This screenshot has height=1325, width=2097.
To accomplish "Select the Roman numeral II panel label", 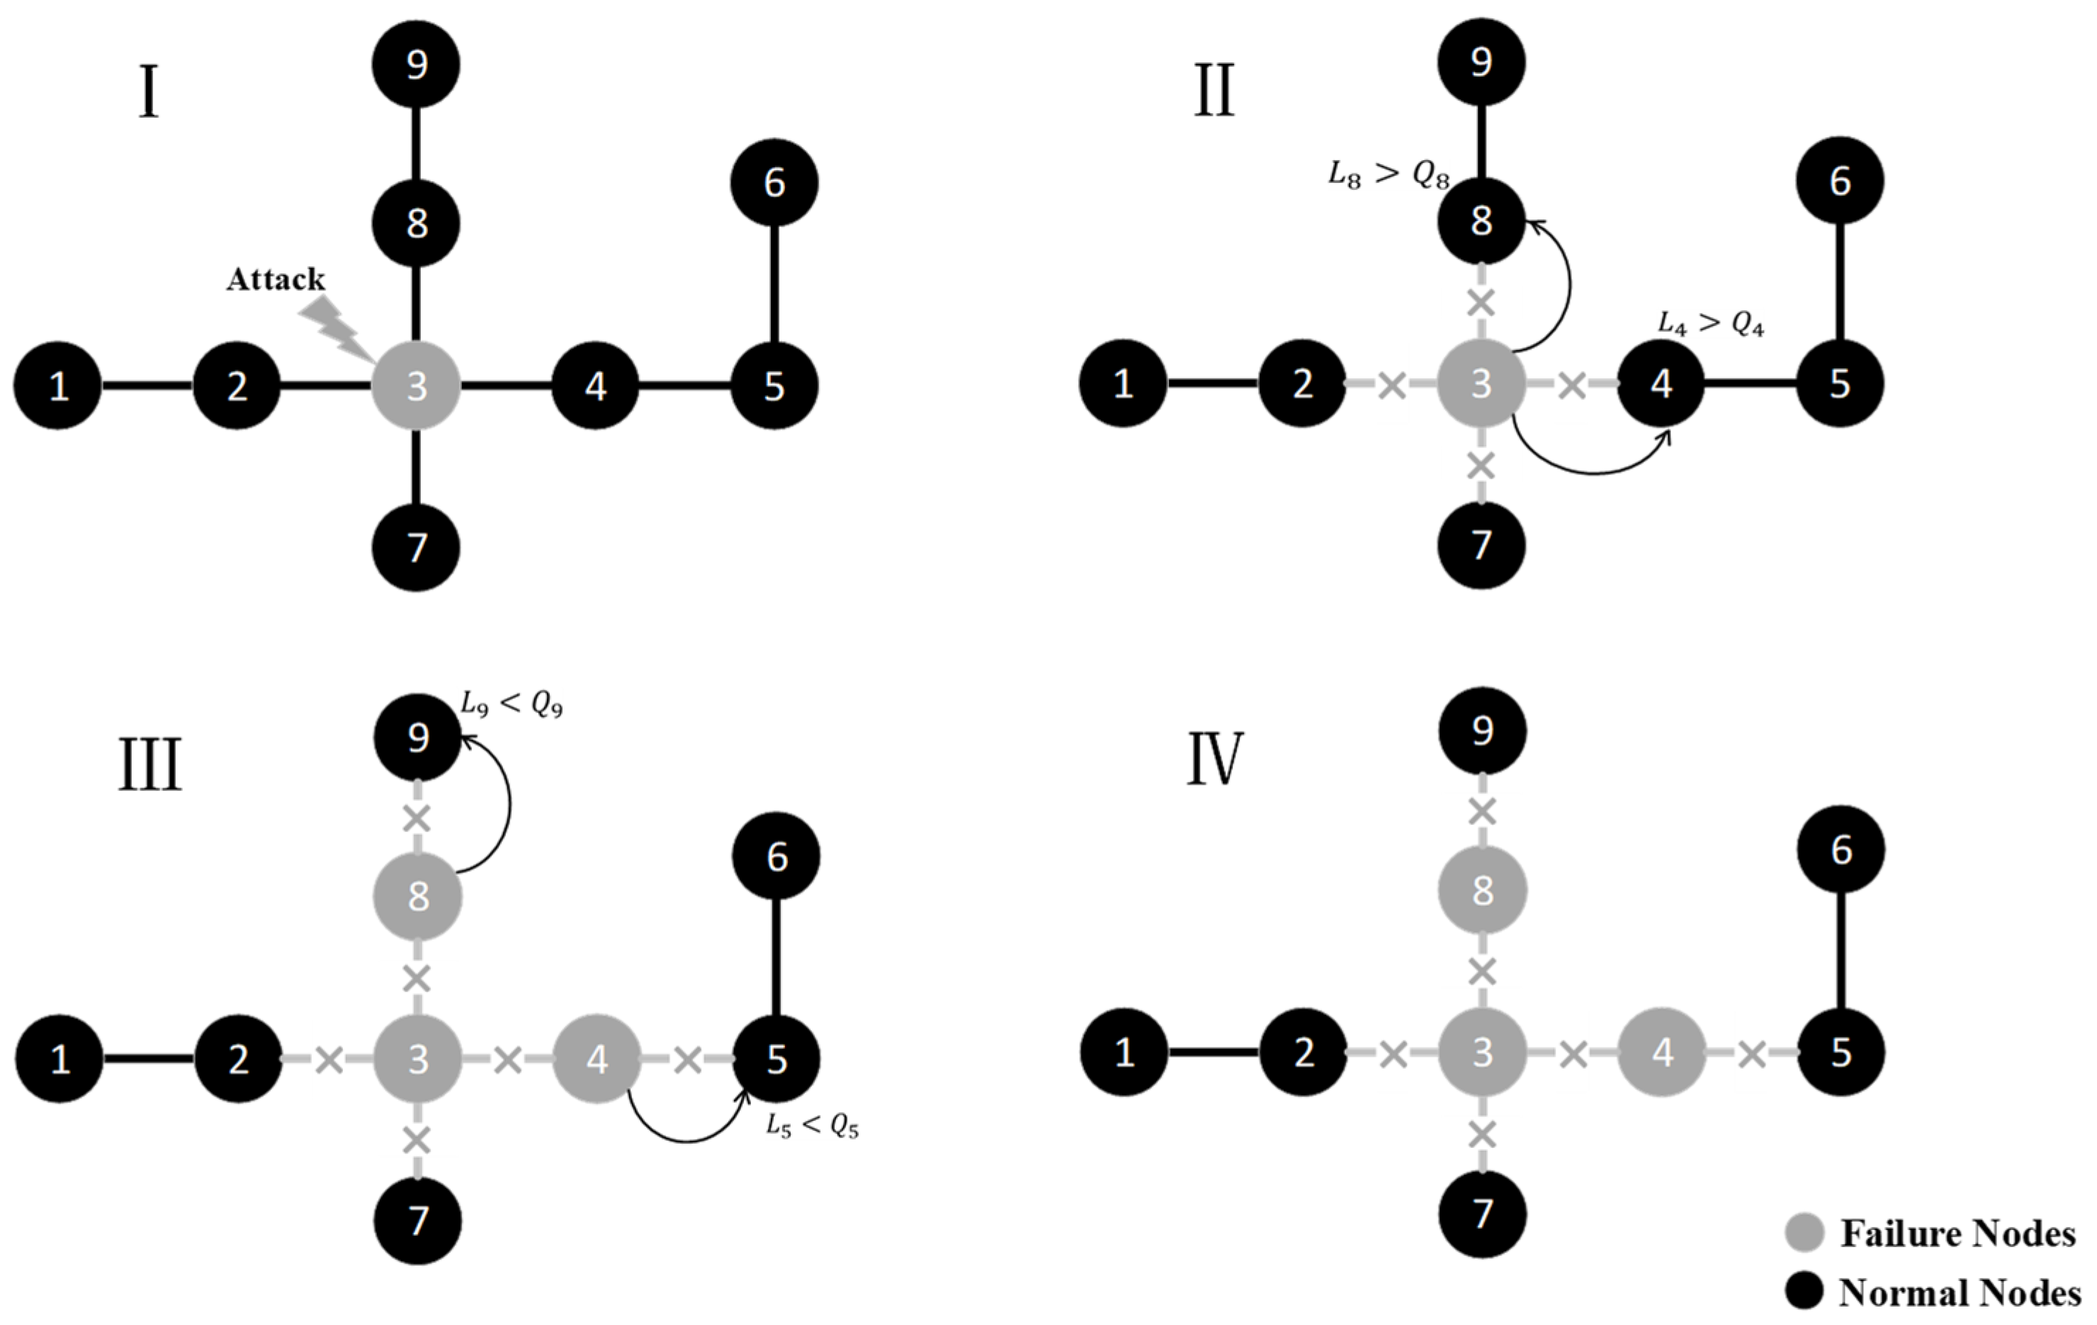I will point(1214,92).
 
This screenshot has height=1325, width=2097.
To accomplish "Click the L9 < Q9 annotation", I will point(511,706).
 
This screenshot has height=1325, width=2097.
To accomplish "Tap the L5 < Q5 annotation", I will point(812,1127).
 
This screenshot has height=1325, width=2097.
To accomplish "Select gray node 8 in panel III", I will point(418,897).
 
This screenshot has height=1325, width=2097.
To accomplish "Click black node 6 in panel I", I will point(774,183).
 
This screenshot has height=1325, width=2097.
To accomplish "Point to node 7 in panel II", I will point(1481,546).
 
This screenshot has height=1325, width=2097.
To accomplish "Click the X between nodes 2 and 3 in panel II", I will point(1393,384).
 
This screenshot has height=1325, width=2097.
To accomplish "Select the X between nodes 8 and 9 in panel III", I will point(418,819).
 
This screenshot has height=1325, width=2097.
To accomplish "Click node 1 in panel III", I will point(60,1059).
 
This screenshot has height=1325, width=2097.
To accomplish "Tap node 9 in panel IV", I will point(1482,730).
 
